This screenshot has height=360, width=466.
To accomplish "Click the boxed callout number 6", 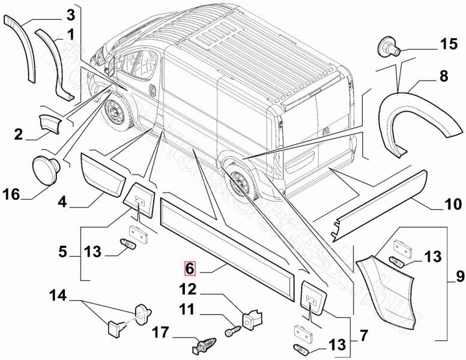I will click(x=189, y=268).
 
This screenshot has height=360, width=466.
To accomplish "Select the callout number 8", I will click(x=444, y=77).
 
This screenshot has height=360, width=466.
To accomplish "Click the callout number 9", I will click(x=459, y=277).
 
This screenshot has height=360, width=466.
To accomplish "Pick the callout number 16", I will click(x=11, y=194).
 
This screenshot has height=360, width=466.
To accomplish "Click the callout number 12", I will click(x=188, y=289).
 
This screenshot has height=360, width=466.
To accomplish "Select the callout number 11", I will click(x=187, y=310).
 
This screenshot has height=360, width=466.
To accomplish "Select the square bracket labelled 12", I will click(x=252, y=317).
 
